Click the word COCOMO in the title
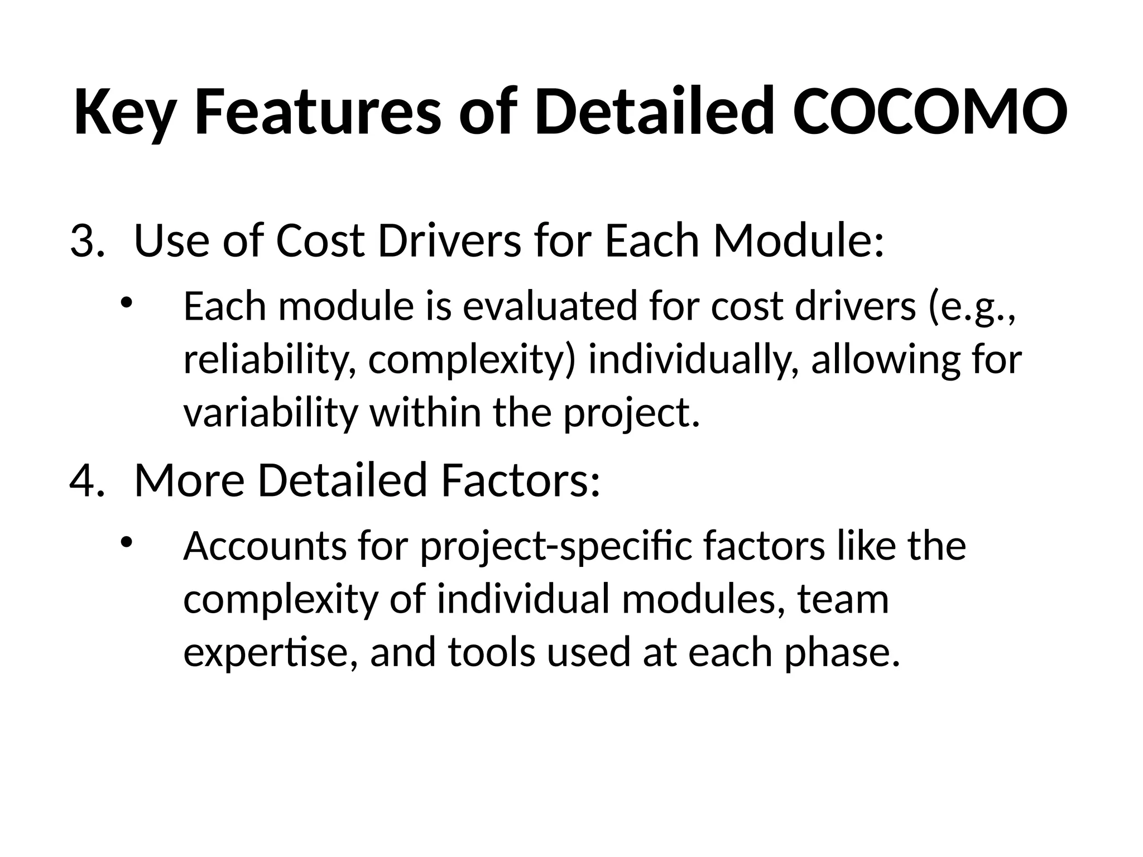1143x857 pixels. coord(930,112)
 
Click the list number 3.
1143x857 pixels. coord(87,242)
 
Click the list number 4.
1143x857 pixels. coord(87,480)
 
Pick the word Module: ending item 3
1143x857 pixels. coord(799,242)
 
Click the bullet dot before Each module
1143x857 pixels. coord(127,302)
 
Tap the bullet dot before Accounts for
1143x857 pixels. coord(127,541)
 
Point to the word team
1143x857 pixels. coord(842,600)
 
